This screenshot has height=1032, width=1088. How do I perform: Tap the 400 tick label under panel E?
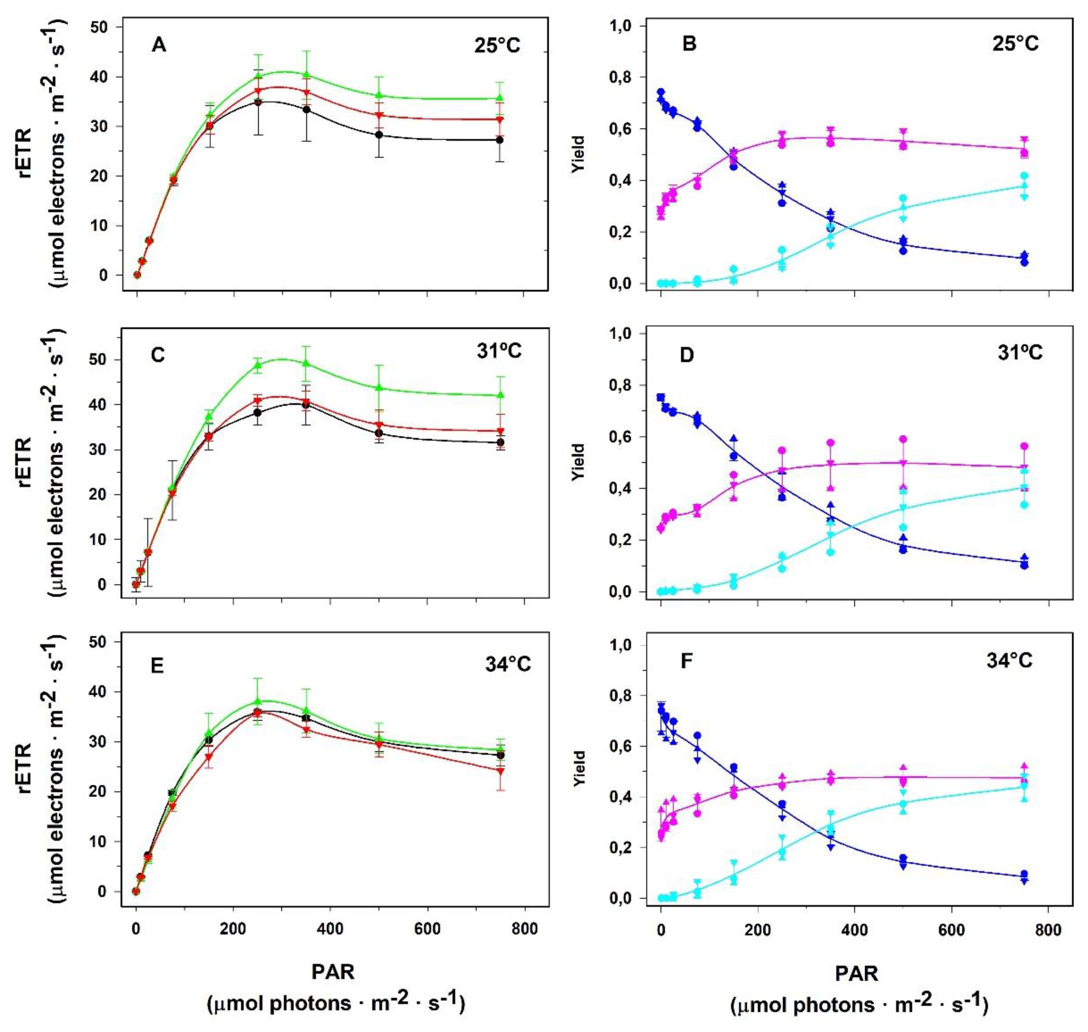coord(330,929)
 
